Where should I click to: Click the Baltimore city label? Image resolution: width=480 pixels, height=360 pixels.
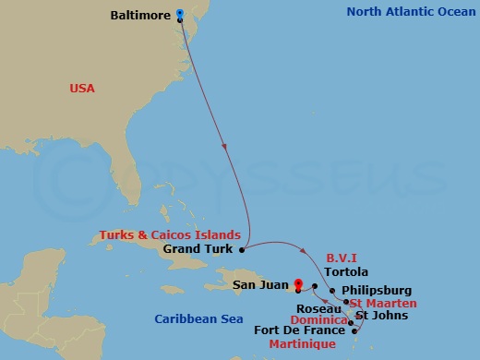pyautogui.click(x=140, y=16)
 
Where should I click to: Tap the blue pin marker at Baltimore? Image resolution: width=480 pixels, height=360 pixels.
pyautogui.click(x=179, y=14)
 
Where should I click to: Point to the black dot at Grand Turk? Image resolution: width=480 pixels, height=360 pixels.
pyautogui.click(x=242, y=248)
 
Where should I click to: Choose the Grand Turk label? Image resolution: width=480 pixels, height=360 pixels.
pyautogui.click(x=200, y=248)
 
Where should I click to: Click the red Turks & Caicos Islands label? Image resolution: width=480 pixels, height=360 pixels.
pyautogui.click(x=178, y=234)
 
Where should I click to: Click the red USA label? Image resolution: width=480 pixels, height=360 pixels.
pyautogui.click(x=83, y=88)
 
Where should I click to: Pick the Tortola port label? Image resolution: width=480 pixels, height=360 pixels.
pyautogui.click(x=347, y=272)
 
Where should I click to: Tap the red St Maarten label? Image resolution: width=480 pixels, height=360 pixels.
pyautogui.click(x=384, y=303)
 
